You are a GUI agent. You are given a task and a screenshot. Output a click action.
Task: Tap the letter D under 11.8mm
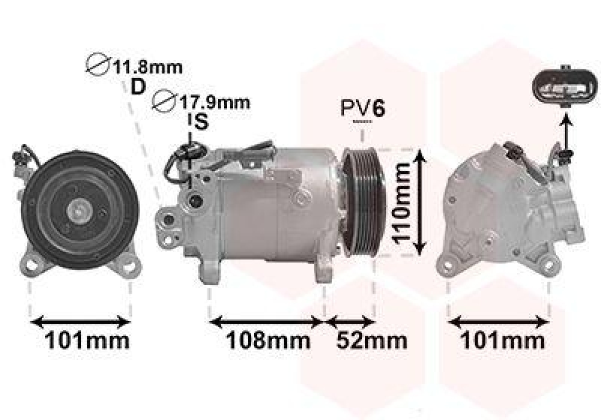[138, 87]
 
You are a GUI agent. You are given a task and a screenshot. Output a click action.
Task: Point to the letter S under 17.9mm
[201, 122]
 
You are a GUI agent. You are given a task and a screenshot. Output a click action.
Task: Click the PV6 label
[363, 108]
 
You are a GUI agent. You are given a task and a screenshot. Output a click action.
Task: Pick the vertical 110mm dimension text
[402, 203]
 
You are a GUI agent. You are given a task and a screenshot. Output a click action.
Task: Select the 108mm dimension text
[268, 340]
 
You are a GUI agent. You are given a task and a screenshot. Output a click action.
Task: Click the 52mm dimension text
[372, 340]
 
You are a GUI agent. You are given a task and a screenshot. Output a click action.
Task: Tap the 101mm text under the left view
[87, 340]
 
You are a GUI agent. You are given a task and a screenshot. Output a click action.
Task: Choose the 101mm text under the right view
[502, 340]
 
